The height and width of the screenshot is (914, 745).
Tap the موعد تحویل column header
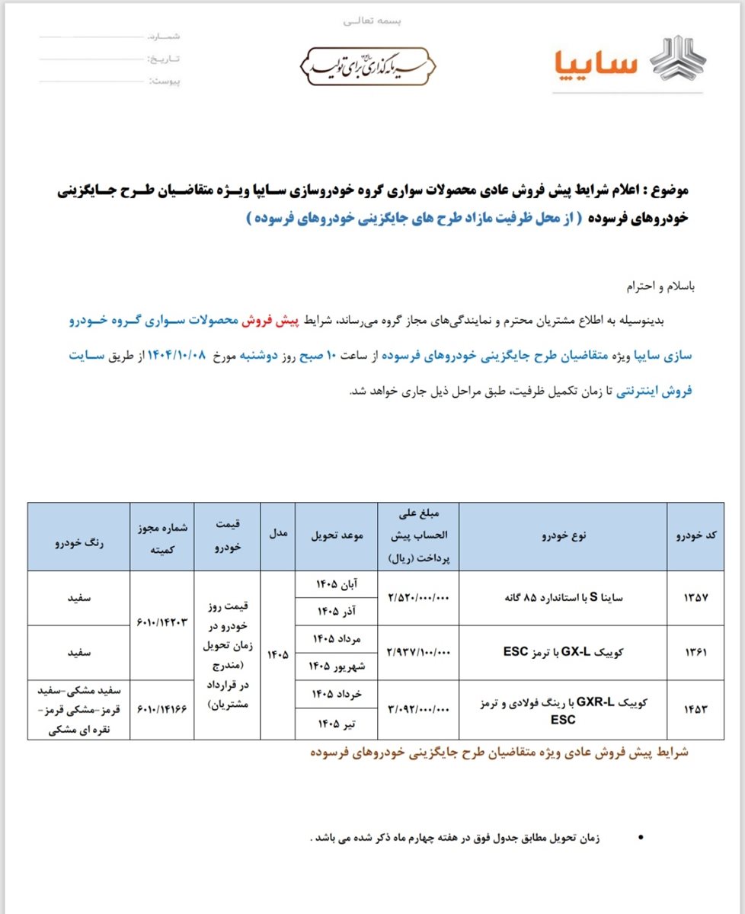coord(331,536)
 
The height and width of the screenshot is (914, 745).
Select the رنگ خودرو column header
coord(79,536)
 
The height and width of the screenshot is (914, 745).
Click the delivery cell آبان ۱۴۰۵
coord(331,584)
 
